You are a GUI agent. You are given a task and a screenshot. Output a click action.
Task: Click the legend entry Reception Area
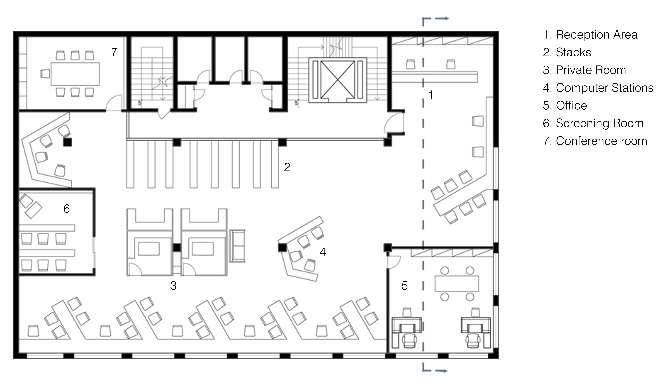pyautogui.click(x=590, y=35)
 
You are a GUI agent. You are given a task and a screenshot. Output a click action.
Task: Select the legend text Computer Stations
pyautogui.click(x=598, y=88)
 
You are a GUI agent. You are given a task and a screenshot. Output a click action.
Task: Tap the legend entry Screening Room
pyautogui.click(x=593, y=123)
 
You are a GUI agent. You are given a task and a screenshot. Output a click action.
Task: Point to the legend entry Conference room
pyautogui.click(x=595, y=141)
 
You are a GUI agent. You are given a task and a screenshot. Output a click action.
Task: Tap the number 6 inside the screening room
pyautogui.click(x=66, y=209)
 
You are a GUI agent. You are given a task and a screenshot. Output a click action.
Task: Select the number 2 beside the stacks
pyautogui.click(x=287, y=167)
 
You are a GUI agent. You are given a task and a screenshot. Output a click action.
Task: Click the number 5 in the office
pyautogui.click(x=405, y=285)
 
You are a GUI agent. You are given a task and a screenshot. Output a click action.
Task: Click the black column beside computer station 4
pyautogui.click(x=282, y=248)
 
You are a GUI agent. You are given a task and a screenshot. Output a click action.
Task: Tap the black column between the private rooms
pyautogui.click(x=177, y=248)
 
